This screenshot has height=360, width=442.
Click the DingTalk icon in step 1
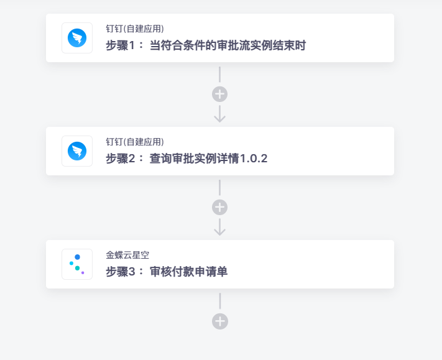77,38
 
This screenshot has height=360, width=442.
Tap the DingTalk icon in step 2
77,151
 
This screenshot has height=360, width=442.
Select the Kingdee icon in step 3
77,264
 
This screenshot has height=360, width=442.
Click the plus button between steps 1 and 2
219,94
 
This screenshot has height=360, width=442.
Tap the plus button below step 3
220,321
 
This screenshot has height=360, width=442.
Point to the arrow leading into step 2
219,114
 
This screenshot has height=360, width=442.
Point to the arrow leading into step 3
219,227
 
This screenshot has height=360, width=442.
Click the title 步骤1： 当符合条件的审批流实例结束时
206,45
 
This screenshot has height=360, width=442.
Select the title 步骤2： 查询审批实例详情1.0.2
186,159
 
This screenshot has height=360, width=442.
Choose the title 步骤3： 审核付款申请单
167,272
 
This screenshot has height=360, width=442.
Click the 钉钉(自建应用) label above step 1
135,29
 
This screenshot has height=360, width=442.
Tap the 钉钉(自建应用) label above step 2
135,142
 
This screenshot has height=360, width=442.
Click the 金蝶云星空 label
127,255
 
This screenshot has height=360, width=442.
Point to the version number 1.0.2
254,159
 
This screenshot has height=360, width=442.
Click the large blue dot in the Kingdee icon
77,257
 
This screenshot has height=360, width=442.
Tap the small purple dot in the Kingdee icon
83,272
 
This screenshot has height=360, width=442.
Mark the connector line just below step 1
219,75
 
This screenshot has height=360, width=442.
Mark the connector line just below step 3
220,301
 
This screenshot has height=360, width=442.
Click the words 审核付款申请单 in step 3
188,272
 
